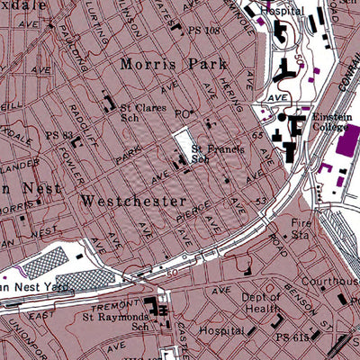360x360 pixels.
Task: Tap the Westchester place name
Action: [133, 200]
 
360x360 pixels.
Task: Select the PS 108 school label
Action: [206, 30]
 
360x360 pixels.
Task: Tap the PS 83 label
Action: [58, 135]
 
